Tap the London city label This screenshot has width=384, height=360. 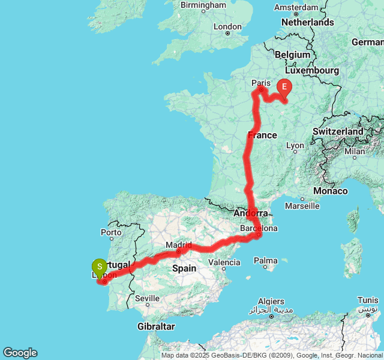point(227,26)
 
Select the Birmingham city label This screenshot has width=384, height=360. point(203,5)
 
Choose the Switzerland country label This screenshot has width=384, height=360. point(338,131)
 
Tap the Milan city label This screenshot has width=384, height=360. point(355,151)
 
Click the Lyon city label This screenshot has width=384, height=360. point(295,145)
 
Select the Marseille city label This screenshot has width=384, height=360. point(302,206)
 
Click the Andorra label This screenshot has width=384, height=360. point(251,213)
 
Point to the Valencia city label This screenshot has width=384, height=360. point(224,262)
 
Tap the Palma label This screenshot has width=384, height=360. point(265,260)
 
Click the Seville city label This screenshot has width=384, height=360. point(147,298)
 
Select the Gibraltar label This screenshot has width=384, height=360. point(155,326)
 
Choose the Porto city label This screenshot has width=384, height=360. point(112,232)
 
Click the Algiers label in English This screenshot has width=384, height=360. point(271,301)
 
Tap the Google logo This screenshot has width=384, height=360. point(20,353)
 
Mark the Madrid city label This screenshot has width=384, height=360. point(178,245)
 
